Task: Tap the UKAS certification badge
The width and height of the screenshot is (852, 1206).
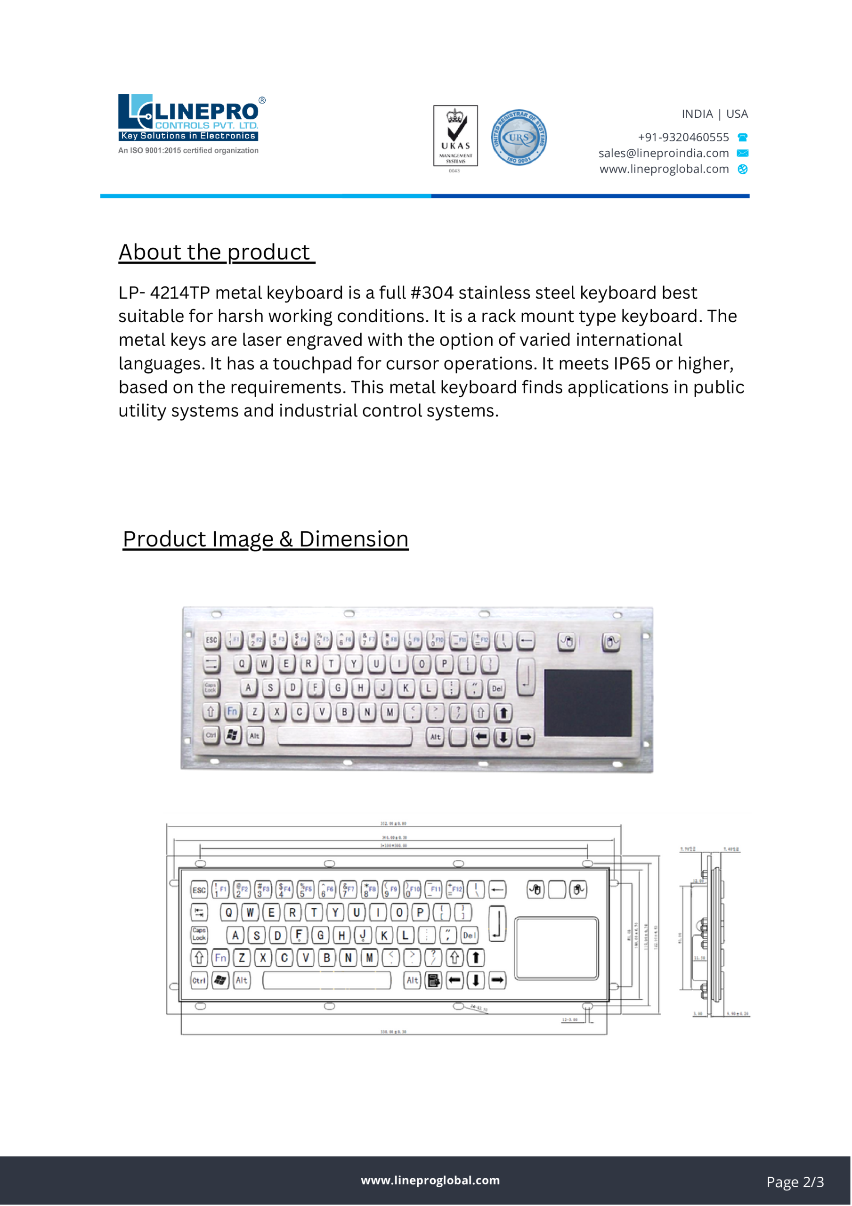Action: point(455,136)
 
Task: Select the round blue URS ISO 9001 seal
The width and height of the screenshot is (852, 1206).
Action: point(519,138)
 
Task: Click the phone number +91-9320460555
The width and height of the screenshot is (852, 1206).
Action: point(683,138)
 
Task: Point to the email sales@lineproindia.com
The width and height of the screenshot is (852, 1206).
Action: point(664,154)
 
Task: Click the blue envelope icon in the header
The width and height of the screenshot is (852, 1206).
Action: point(742,154)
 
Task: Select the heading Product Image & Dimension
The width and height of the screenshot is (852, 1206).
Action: point(265,539)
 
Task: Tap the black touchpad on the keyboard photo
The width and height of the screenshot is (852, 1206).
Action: point(587,703)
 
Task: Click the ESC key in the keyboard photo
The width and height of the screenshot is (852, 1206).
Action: point(211,640)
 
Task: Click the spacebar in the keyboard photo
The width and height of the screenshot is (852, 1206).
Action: point(345,736)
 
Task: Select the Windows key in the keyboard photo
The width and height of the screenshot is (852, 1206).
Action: point(232,735)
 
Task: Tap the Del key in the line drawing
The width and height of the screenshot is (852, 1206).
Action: point(469,935)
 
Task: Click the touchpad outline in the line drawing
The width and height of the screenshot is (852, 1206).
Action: point(556,949)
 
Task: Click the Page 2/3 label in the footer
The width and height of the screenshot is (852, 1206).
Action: point(795,1182)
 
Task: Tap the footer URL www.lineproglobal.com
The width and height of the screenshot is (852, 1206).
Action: point(430,1180)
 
